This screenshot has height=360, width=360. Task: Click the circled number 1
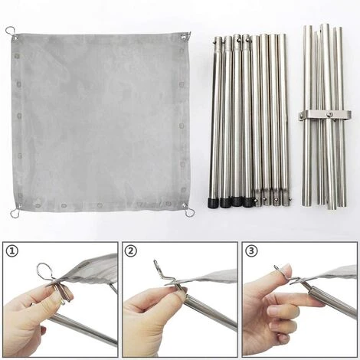tap(12, 251)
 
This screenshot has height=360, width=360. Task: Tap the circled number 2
tap(131, 251)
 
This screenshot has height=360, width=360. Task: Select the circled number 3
tap(251, 251)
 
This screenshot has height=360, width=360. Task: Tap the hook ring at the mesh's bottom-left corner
tap(15, 213)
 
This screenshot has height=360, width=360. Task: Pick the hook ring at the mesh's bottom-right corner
tap(190, 212)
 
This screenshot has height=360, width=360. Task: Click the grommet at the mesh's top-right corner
tap(184, 38)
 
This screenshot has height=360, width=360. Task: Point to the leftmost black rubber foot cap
tap(212, 202)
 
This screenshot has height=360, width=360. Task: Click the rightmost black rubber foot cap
tap(248, 202)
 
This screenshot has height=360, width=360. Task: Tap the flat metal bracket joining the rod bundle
tap(325, 115)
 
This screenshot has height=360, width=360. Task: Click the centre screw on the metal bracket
tap(329, 114)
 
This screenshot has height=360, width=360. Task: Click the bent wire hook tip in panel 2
tap(155, 262)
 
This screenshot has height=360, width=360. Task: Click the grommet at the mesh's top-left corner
tap(15, 38)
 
